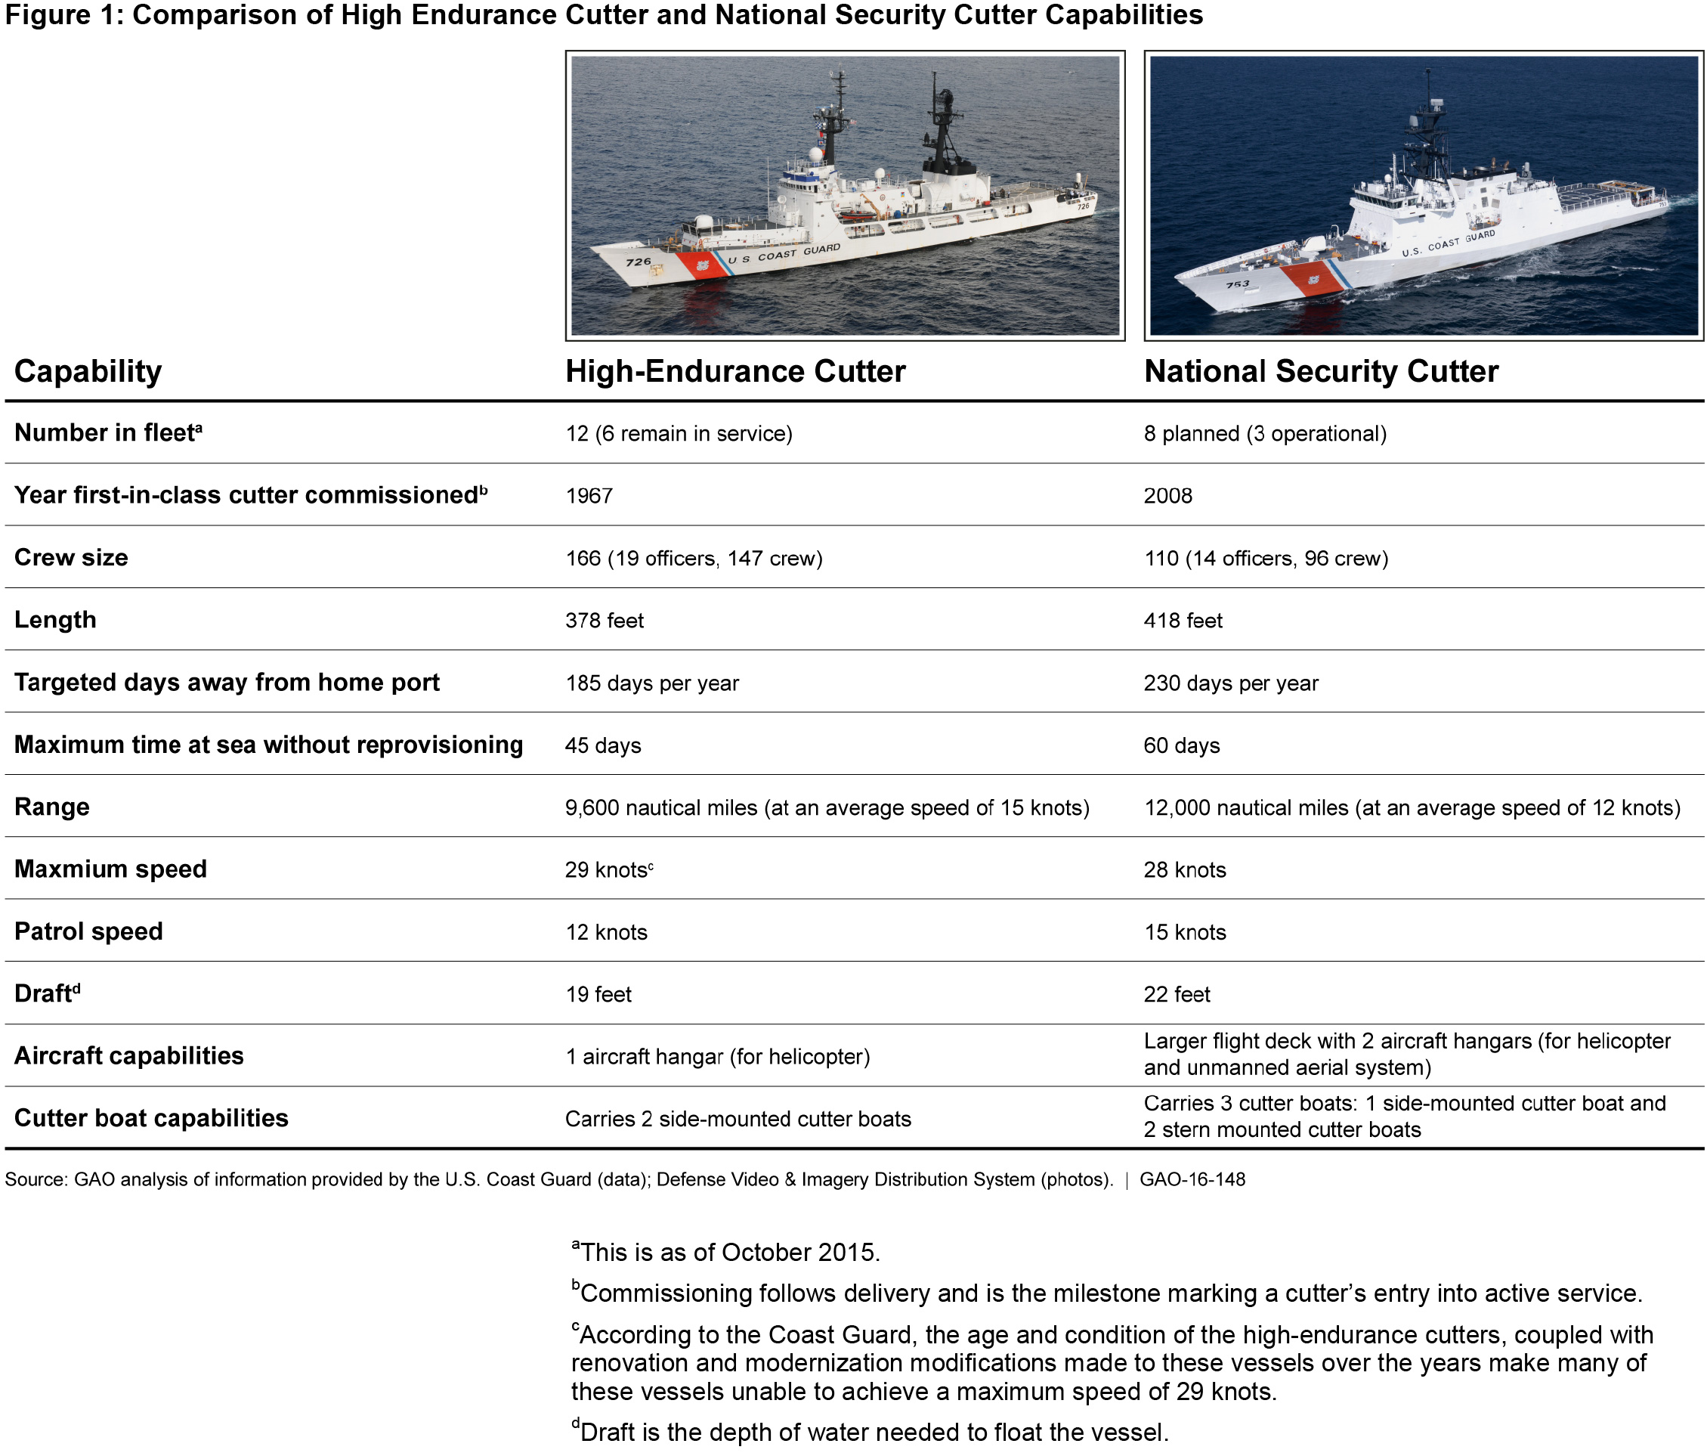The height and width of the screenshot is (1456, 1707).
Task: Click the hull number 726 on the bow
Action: point(639,262)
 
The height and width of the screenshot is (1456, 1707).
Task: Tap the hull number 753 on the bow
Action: point(1238,284)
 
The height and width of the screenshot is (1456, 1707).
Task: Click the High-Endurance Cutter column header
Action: point(735,372)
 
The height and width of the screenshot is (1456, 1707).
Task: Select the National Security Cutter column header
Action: point(1321,372)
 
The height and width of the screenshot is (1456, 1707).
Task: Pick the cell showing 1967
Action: point(589,496)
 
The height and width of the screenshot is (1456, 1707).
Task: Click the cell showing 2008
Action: point(1167,496)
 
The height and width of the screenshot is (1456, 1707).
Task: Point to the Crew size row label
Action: point(71,558)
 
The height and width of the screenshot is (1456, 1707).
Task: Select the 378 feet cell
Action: point(604,621)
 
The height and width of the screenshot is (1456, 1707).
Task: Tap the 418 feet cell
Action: point(1183,621)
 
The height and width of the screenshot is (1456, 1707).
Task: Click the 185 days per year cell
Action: point(651,683)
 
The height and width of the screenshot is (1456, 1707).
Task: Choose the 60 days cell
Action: point(1181,745)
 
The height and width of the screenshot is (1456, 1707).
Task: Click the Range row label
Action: point(52,807)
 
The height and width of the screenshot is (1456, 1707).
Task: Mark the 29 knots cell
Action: point(608,870)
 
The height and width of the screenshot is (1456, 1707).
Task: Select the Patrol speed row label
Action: point(88,932)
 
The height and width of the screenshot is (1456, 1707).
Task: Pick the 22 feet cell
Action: point(1177,995)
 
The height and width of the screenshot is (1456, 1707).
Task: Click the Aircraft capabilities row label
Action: point(128,1056)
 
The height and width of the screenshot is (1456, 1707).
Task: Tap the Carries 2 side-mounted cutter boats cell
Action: point(738,1119)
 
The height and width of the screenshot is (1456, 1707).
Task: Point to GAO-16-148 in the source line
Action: point(1192,1180)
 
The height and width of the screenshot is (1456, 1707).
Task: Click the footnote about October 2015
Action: point(726,1253)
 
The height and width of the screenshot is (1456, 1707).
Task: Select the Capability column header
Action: point(88,372)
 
